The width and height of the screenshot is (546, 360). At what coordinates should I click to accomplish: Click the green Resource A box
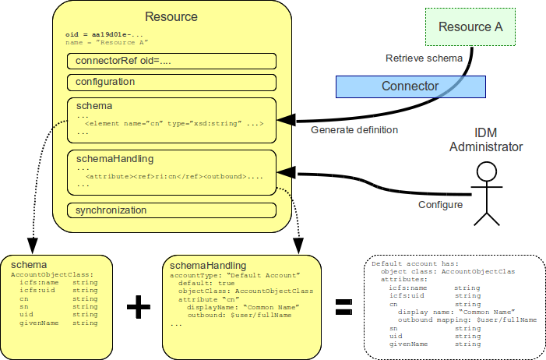(470, 27)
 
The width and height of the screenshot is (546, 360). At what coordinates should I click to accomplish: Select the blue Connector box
(410, 86)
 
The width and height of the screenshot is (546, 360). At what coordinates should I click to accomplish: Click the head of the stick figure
(487, 172)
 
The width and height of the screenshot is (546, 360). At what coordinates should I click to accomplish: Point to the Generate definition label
(354, 129)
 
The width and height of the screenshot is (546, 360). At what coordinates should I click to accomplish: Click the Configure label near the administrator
(440, 205)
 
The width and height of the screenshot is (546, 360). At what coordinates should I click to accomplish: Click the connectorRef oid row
(171, 62)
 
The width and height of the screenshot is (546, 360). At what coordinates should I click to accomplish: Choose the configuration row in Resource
(171, 82)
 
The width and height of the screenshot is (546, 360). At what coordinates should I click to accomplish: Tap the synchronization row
(171, 210)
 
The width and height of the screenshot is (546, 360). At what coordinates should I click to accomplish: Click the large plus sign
(138, 307)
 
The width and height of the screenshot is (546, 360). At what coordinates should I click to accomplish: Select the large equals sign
(343, 307)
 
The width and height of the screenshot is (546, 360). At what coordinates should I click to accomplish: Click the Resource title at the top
(171, 16)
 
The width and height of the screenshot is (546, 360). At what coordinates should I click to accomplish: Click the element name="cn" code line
(174, 124)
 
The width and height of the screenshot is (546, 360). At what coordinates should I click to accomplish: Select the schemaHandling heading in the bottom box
(208, 266)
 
